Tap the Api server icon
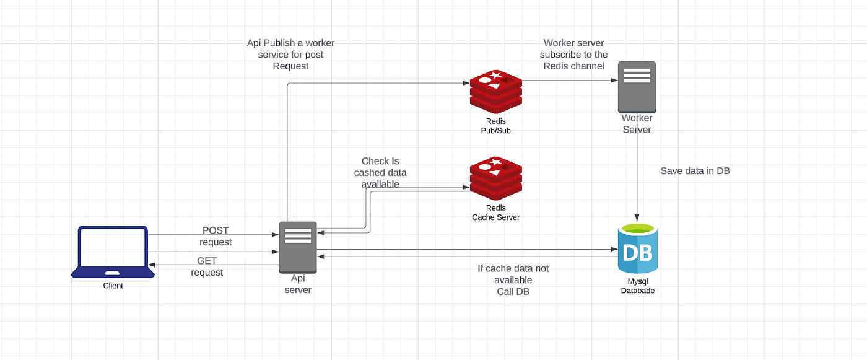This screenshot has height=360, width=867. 298,247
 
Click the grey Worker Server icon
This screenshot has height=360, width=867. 637,87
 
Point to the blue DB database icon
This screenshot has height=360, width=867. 637,249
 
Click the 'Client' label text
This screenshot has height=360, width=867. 113,286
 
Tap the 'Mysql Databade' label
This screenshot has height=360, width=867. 637,286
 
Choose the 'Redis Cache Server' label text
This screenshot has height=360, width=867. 495,213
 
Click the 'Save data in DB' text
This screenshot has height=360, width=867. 695,171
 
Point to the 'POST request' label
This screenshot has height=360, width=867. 216,236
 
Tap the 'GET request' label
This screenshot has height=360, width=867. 207,266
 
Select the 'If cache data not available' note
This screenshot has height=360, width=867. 513,279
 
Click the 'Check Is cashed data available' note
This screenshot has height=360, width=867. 380,173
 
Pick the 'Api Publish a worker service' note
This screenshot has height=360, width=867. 290,55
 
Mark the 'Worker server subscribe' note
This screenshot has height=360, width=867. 573,55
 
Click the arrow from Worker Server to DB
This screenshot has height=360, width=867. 637,180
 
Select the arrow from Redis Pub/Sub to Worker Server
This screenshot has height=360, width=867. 570,81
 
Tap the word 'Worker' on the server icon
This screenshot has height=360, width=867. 637,118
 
